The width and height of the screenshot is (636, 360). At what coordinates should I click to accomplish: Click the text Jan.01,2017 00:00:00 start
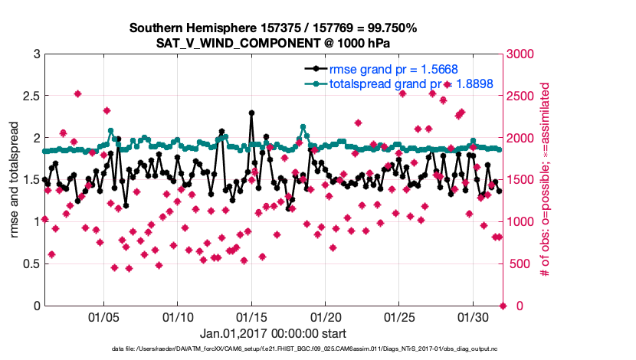[273, 333]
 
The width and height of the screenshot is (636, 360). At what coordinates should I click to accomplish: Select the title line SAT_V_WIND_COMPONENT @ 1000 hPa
[273, 43]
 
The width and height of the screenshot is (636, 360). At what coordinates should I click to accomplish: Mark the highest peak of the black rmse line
[251, 113]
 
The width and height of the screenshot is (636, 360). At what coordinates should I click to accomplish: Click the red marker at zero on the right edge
[503, 306]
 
